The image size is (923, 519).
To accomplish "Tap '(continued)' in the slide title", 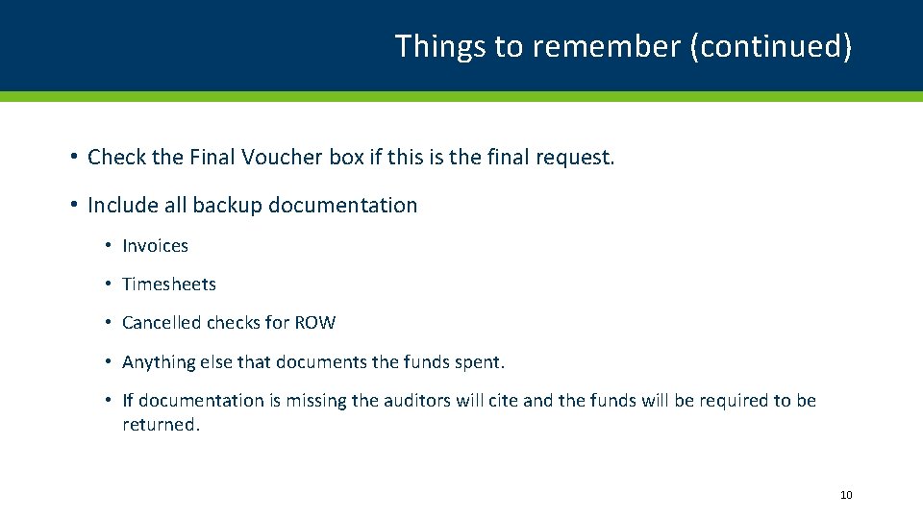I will [x=770, y=46].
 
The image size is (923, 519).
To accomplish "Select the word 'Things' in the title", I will [x=441, y=46].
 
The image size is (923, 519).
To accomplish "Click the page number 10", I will [x=846, y=495].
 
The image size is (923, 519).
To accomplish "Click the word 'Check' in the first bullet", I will [x=116, y=157].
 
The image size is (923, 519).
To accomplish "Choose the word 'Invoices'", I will [x=155, y=246].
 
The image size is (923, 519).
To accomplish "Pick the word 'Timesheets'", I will [x=169, y=284].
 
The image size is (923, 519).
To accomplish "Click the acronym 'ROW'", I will [x=315, y=323].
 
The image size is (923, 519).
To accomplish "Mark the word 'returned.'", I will [x=162, y=425].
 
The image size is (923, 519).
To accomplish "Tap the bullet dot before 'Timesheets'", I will [x=110, y=284].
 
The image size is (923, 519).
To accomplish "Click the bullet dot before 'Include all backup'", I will [x=73, y=205].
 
